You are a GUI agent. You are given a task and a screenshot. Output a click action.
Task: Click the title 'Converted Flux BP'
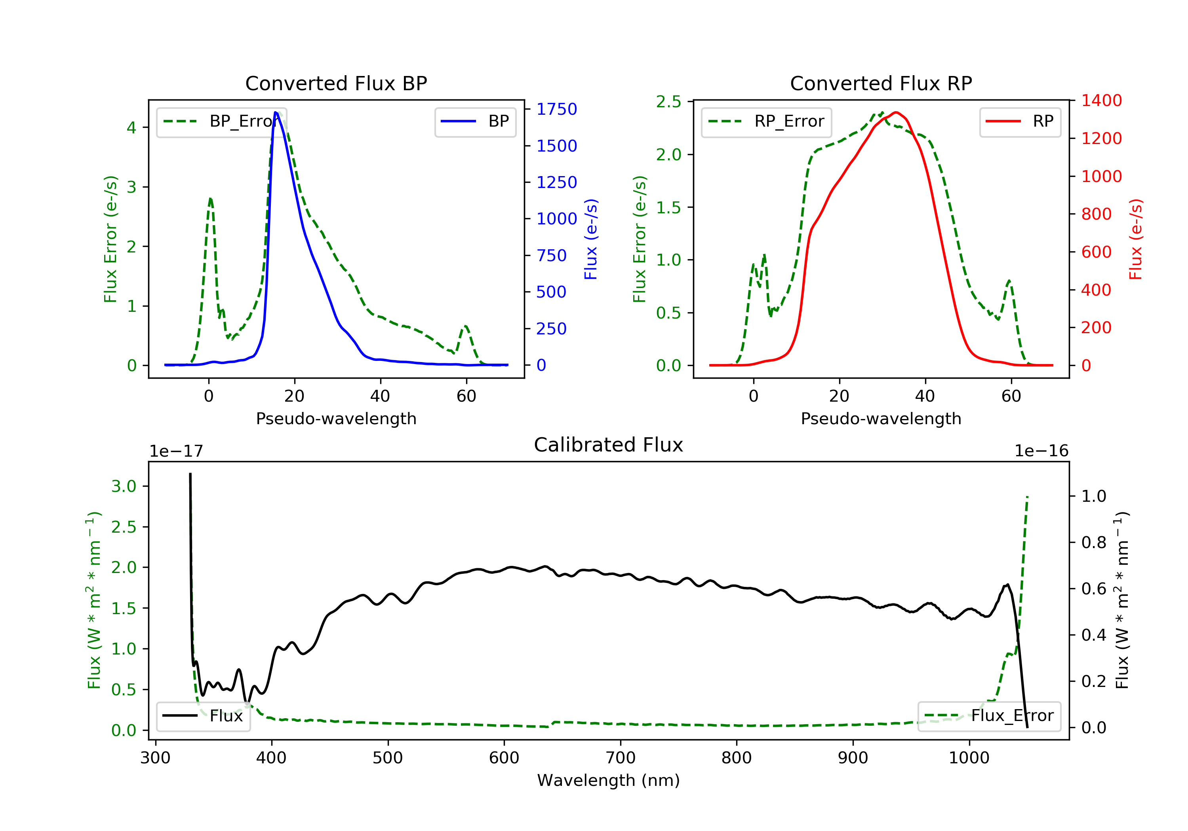[x=336, y=83]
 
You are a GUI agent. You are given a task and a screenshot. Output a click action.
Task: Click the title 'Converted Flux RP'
[x=881, y=83]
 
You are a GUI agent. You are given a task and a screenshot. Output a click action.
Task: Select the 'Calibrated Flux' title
[x=609, y=445]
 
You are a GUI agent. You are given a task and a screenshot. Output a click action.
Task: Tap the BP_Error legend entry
[x=220, y=121]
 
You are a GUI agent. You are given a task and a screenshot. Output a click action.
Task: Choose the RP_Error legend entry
[x=766, y=121]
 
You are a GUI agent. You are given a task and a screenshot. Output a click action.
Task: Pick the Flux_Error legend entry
[x=989, y=716]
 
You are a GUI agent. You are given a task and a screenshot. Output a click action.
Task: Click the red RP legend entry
[x=1020, y=121]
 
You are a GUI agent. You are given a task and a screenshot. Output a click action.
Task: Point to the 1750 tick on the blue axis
[x=557, y=109]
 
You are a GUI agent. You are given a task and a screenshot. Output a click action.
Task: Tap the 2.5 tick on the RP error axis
[x=668, y=102]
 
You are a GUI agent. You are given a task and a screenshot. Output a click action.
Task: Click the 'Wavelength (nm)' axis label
[x=609, y=780]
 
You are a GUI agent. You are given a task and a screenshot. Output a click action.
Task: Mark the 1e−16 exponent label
[x=1041, y=451]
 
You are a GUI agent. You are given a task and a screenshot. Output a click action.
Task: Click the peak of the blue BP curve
[x=276, y=112]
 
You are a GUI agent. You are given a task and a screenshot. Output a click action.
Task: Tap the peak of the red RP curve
[x=896, y=112]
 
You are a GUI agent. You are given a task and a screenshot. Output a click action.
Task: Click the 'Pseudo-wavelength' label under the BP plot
[x=336, y=418]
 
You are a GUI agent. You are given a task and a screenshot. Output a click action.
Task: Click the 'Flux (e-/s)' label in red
[x=1135, y=239]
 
